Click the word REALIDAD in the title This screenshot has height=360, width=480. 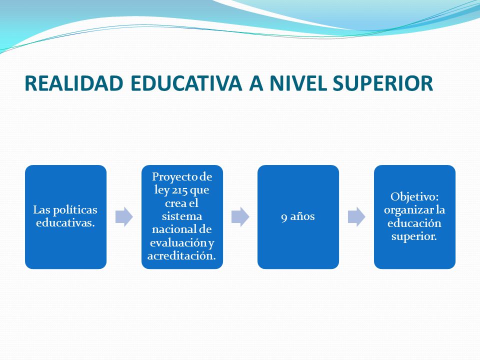point(74,83)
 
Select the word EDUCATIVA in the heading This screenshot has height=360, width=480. point(186,83)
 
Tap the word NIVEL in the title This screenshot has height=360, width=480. point(298,83)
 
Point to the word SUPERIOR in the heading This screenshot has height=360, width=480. point(382,83)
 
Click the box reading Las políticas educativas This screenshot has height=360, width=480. point(66,217)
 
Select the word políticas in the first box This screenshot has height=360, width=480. point(75,210)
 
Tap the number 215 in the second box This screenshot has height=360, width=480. point(179,190)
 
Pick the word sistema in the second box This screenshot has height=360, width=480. point(182,216)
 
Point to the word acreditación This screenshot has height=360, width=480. point(182,256)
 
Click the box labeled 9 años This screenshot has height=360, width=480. point(298,217)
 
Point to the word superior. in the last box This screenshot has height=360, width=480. point(414,236)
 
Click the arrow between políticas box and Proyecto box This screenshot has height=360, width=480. point(124,217)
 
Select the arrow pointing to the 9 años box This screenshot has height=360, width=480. point(240,217)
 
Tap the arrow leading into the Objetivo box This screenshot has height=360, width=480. point(356,217)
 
